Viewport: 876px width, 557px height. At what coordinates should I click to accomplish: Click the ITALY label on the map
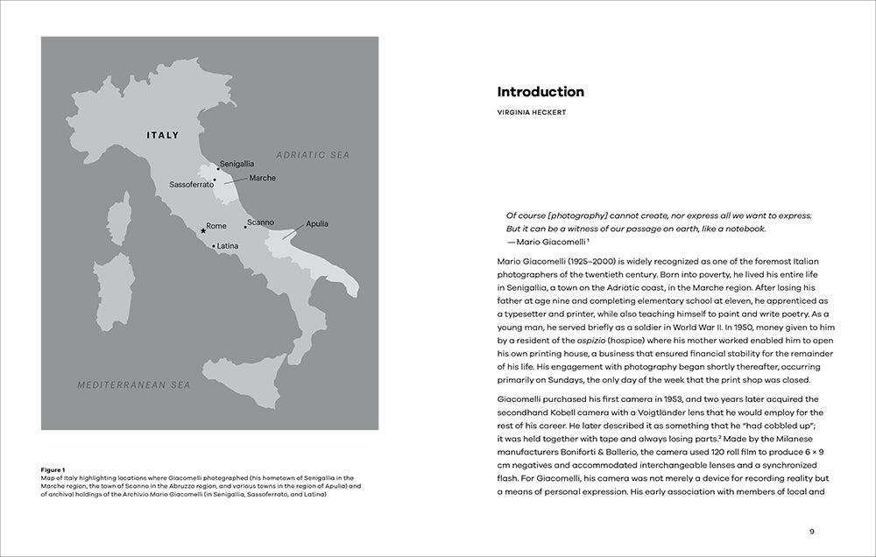click(162, 136)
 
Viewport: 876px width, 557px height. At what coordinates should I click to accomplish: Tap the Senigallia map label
click(237, 165)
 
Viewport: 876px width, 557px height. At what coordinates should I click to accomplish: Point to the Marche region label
click(262, 179)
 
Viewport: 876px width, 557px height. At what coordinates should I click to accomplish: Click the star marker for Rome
click(203, 230)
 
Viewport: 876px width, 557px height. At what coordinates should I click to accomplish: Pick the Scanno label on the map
click(260, 222)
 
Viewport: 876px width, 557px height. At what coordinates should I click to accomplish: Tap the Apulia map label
click(317, 224)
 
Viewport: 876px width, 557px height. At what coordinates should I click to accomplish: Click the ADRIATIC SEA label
click(312, 155)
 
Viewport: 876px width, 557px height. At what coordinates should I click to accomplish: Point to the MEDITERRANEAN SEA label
click(133, 384)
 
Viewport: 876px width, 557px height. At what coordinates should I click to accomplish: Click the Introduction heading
click(540, 92)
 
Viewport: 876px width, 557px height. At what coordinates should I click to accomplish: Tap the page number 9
click(812, 531)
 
